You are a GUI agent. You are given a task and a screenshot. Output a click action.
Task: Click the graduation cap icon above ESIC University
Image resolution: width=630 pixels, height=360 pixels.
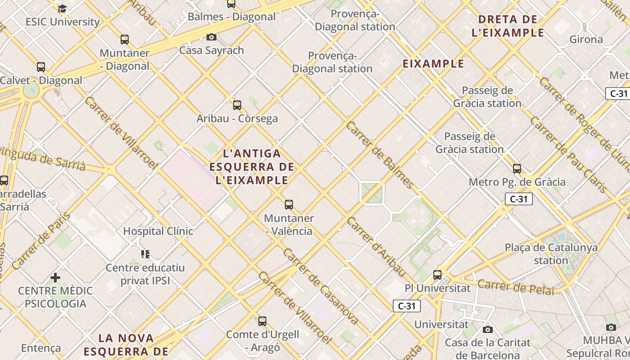[62, 9]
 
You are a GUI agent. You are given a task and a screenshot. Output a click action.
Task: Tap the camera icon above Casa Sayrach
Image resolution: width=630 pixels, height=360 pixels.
[211, 37]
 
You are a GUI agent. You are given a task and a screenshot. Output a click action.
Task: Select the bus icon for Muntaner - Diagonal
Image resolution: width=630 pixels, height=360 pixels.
[125, 40]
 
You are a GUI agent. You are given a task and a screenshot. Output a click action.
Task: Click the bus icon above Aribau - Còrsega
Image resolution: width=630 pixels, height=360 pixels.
[237, 105]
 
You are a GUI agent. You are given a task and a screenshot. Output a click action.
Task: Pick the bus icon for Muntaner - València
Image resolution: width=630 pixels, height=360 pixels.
[289, 205]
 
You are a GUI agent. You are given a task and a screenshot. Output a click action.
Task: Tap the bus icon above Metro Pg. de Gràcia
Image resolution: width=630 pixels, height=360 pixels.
[517, 169]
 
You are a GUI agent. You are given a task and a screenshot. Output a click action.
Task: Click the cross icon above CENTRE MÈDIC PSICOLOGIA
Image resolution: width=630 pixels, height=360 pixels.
[55, 278]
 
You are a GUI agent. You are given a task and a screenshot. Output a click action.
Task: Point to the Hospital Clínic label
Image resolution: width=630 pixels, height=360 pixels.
[158, 231]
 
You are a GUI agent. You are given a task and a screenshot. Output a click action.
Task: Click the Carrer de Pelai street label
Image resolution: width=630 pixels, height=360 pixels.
[516, 287]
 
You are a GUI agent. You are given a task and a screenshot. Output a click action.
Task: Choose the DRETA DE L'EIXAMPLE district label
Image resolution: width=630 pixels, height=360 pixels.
[508, 26]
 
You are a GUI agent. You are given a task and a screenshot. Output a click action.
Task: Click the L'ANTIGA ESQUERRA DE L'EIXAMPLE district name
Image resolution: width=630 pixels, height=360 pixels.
[252, 167]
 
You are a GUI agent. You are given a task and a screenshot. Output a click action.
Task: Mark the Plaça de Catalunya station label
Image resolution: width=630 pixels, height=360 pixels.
[551, 254]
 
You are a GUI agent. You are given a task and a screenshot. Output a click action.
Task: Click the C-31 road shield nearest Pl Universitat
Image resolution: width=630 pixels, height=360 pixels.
[406, 306]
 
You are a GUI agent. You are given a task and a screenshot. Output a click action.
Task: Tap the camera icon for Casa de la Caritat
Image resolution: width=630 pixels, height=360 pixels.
[487, 330]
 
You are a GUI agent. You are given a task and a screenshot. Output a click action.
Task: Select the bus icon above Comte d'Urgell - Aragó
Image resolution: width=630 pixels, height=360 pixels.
[262, 321]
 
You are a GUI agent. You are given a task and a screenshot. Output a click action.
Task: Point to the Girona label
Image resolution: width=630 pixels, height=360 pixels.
[586, 39]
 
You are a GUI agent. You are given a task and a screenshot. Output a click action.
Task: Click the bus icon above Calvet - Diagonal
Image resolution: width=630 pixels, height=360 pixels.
[41, 67]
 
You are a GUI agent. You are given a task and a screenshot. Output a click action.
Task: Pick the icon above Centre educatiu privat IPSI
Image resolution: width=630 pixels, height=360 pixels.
[145, 254]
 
